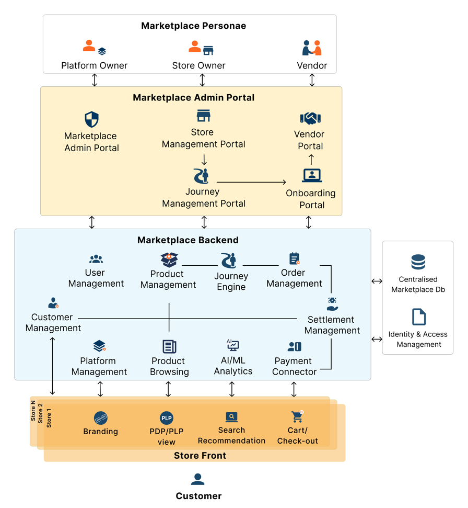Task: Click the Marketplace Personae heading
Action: (x=193, y=26)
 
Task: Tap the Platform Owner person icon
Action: (x=89, y=47)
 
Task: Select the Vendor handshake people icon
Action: (x=312, y=48)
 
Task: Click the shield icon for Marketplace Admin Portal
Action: (x=91, y=119)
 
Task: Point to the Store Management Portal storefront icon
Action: (x=203, y=116)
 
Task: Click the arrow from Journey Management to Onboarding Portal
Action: (x=251, y=182)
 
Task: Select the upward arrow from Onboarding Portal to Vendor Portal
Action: (x=311, y=159)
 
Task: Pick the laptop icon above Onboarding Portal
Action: (x=312, y=175)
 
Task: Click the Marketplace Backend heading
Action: (x=188, y=240)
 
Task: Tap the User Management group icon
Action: (x=96, y=258)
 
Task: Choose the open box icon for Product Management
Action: (x=169, y=259)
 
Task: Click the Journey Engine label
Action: (x=231, y=281)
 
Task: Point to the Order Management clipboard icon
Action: (x=295, y=258)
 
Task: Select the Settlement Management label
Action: (x=332, y=325)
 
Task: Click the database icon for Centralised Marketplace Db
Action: (x=418, y=262)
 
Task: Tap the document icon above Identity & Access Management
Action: (x=418, y=317)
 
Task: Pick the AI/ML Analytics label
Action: (x=233, y=366)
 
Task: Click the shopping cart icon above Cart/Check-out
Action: (x=297, y=416)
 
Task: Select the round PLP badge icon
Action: (x=166, y=418)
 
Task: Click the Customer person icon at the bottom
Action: (x=197, y=479)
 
